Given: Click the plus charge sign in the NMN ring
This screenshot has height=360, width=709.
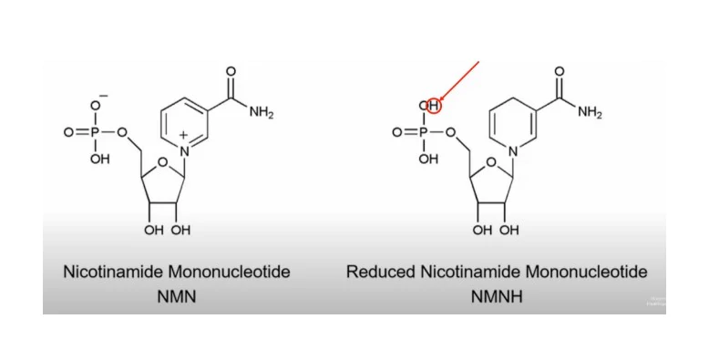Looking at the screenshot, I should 182,134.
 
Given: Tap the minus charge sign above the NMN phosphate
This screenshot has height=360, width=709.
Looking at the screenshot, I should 102,95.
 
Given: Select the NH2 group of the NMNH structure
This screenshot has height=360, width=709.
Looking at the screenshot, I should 589,113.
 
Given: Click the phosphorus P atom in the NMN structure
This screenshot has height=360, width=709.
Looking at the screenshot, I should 98,132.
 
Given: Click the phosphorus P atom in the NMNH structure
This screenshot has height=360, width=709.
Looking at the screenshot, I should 426,132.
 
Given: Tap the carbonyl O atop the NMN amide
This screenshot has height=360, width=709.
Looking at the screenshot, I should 231,71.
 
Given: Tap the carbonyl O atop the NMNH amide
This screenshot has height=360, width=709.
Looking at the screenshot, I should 559,71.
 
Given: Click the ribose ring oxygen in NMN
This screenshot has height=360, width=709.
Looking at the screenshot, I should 159,164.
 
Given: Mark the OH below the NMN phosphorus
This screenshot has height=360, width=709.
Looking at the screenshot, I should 99,159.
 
